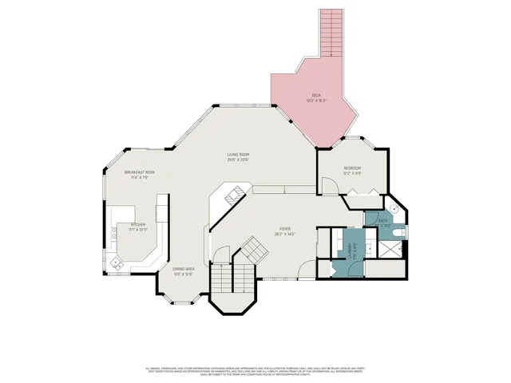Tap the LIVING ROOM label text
[x=239, y=154]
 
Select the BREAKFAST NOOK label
[x=139, y=172]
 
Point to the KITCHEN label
[x=139, y=224]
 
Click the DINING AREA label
[x=184, y=269]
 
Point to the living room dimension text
[x=239, y=160]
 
